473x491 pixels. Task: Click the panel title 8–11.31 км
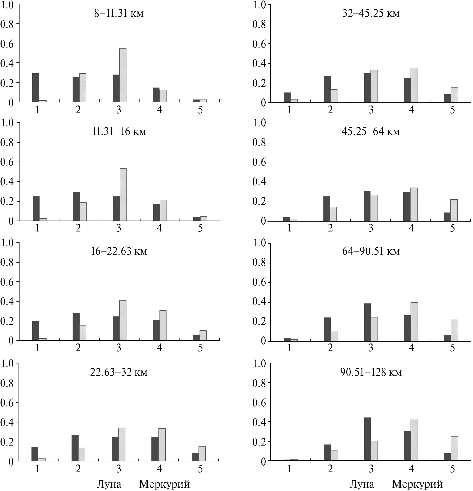[119, 13]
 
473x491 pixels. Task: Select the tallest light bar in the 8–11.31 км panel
[123, 75]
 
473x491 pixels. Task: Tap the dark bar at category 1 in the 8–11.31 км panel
[36, 88]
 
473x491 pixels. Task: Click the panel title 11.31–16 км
[119, 131]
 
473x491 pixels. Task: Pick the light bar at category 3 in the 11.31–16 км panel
[123, 195]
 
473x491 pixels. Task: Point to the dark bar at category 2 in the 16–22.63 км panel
[76, 327]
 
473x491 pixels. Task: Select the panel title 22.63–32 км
[119, 372]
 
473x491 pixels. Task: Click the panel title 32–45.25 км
[371, 13]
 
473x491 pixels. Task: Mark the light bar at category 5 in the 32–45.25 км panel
[454, 95]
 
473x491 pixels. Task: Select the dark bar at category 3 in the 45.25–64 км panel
[367, 206]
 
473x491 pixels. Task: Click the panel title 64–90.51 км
[371, 251]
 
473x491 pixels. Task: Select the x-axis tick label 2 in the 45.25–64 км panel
[330, 228]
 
